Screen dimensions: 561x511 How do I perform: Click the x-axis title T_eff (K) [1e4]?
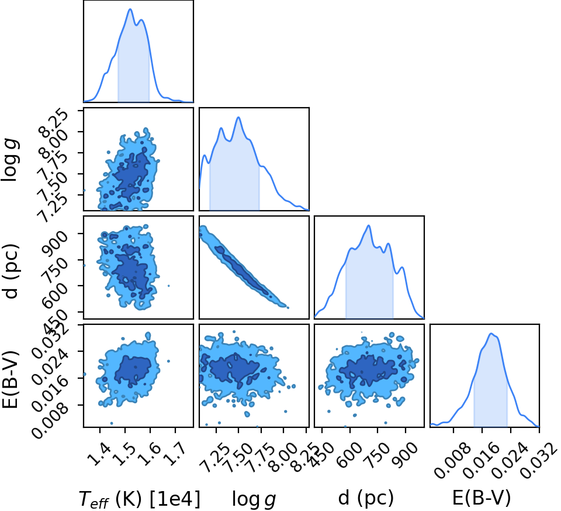point(139,499)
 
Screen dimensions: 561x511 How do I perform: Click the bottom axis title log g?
point(254,499)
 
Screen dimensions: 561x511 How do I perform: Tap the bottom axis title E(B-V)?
point(482,498)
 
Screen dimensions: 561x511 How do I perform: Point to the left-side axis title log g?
point(11,160)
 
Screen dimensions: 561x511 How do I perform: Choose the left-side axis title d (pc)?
point(11,271)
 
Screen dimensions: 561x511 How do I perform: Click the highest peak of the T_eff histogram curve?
point(130,9)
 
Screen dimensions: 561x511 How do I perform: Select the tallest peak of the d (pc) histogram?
point(369,225)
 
